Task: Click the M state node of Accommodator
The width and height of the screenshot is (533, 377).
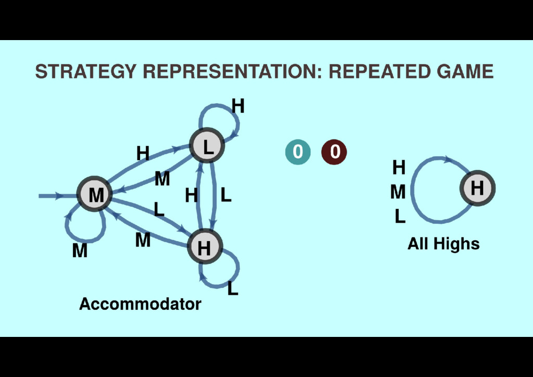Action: coord(95,195)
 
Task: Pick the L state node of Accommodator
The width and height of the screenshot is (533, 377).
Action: coord(207,146)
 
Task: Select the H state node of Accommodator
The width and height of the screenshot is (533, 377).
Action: coord(204,247)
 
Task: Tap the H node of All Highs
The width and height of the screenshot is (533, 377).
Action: coord(477,188)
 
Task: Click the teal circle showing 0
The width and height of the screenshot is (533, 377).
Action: coord(297,152)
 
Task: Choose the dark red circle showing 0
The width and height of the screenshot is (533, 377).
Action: coord(334,152)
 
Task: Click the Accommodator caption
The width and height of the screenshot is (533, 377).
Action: coord(140,304)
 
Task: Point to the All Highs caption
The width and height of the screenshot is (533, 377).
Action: coord(443,244)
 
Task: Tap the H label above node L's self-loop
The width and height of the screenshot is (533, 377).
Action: coord(238,106)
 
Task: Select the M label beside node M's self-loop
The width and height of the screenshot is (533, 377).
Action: coord(80,251)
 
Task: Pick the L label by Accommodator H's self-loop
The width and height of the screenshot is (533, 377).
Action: coord(233,288)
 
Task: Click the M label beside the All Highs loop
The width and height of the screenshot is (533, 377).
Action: coord(398,193)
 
